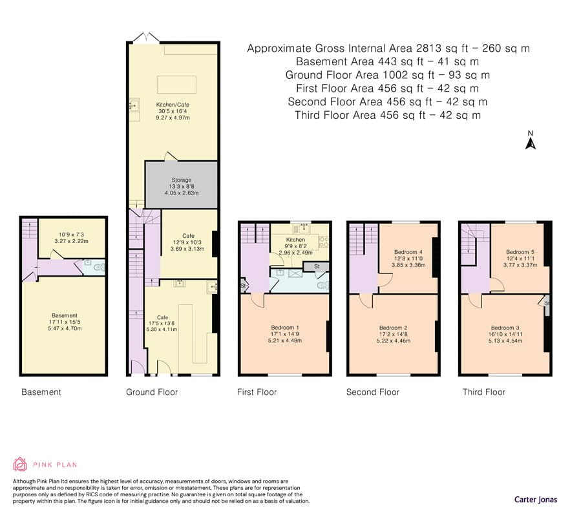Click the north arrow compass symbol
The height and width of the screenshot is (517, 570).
pos(531,140)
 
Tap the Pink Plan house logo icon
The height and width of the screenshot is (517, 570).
pos(20,464)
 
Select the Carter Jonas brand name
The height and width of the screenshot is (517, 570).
pos(536,499)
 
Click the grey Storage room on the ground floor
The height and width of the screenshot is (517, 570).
pos(182,185)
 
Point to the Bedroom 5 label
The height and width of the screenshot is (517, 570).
pos(520,252)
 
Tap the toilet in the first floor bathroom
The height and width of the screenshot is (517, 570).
pos(322,286)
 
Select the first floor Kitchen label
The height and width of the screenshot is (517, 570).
pos(295,240)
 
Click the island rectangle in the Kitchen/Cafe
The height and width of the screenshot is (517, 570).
pos(176,85)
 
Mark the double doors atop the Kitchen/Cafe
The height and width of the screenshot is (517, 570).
pos(146,38)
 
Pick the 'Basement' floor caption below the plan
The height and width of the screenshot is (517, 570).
pos(41,392)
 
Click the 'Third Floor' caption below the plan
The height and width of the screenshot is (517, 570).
pos(484,392)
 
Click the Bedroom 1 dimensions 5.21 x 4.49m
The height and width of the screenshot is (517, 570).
pos(284,341)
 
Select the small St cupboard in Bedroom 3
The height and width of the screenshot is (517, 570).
pos(546,304)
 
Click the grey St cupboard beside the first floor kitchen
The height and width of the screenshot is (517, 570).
pos(316,266)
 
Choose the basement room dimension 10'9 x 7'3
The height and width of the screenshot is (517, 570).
pos(71,235)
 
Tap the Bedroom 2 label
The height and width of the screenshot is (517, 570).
pos(394,328)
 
